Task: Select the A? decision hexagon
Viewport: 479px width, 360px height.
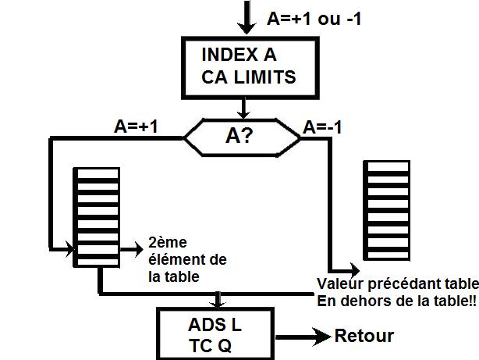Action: tap(241, 137)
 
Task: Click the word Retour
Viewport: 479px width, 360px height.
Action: tap(364, 337)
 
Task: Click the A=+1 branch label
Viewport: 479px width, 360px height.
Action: tap(136, 127)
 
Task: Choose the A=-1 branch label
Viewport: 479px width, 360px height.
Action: tap(325, 127)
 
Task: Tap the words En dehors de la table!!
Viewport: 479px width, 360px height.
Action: tap(396, 300)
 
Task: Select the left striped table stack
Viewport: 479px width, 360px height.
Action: tap(96, 217)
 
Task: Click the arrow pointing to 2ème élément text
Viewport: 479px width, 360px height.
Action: tap(130, 247)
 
